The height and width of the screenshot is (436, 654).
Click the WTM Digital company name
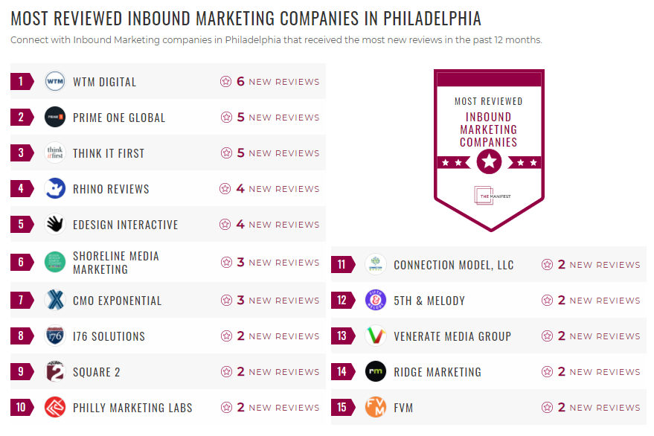click(104, 82)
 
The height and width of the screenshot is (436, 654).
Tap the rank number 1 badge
click(22, 82)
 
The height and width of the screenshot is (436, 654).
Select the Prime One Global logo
click(55, 118)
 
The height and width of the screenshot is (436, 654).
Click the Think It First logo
click(55, 153)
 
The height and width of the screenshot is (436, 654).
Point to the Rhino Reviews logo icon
click(55, 189)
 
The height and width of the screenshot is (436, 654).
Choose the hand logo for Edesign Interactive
click(55, 225)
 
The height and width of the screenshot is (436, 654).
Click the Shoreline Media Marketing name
click(115, 263)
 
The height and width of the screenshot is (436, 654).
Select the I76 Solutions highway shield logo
click(55, 336)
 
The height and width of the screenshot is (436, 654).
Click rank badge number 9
click(22, 372)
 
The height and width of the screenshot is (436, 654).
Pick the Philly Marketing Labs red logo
click(55, 408)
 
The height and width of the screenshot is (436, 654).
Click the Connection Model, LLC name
click(453, 265)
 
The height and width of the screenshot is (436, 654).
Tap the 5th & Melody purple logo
click(376, 301)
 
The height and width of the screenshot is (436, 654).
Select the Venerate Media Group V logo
click(376, 336)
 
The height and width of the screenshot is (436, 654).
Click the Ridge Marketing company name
click(437, 372)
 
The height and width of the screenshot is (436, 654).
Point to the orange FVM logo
click(376, 408)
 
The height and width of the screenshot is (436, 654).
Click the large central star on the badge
click(489, 160)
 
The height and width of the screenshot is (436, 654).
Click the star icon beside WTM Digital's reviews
click(226, 82)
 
